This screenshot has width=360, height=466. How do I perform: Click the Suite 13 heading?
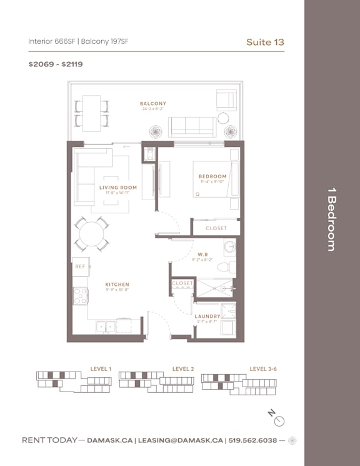pyautogui.click(x=266, y=42)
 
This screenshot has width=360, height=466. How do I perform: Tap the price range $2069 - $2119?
pyautogui.click(x=56, y=64)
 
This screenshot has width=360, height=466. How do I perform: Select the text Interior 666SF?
pyautogui.click(x=51, y=42)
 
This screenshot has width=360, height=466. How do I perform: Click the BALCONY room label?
pyautogui.click(x=152, y=104)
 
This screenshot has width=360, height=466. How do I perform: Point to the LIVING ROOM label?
pyautogui.click(x=118, y=187)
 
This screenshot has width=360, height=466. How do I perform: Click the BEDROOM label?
pyautogui.click(x=212, y=176)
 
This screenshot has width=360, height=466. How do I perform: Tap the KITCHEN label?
pyautogui.click(x=117, y=285)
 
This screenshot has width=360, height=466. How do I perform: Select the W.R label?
pyautogui.click(x=203, y=255)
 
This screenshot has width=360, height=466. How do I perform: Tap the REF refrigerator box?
pyautogui.click(x=81, y=266)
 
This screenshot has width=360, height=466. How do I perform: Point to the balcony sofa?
pyautogui.click(x=192, y=127)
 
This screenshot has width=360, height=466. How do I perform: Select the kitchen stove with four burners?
pyautogui.click(x=80, y=296)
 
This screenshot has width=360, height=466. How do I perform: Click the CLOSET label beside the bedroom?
pyautogui.click(x=216, y=228)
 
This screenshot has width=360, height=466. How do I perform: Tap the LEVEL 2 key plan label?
pyautogui.click(x=182, y=369)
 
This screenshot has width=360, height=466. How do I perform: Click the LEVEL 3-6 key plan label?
pyautogui.click(x=262, y=369)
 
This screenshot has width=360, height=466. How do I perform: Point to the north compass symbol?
pyautogui.click(x=279, y=420)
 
